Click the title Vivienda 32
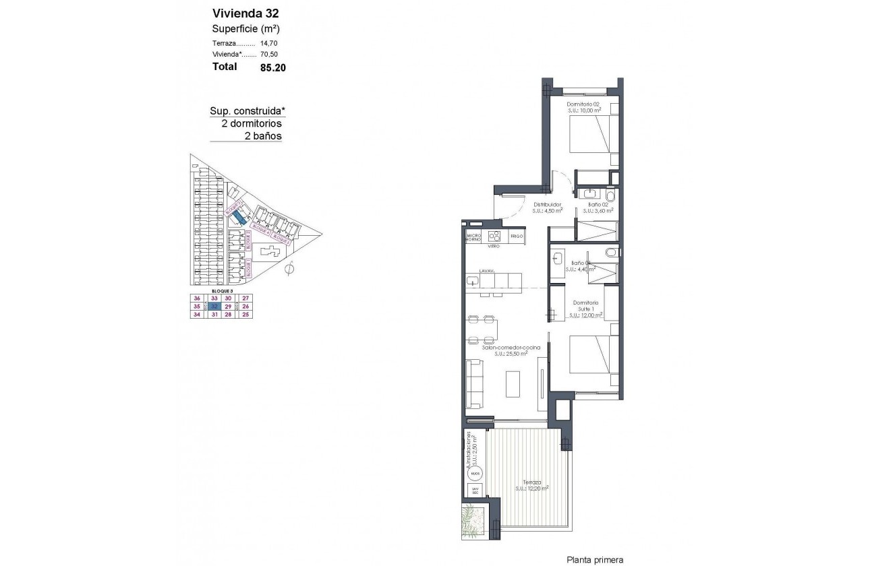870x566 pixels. pos(245,13)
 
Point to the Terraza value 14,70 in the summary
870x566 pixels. pos(268,42)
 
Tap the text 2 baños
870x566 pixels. pos(263,135)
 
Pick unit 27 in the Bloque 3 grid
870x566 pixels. pos(245,297)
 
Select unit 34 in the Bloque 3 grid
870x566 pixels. pos(197,314)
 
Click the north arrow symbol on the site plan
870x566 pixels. pos(290,270)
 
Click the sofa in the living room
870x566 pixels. pos(474,385)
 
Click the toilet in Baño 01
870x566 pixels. pos(610,253)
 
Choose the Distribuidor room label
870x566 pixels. pos(548,205)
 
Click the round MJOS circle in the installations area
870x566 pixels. pos(475,474)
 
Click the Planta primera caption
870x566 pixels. pos(595,559)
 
